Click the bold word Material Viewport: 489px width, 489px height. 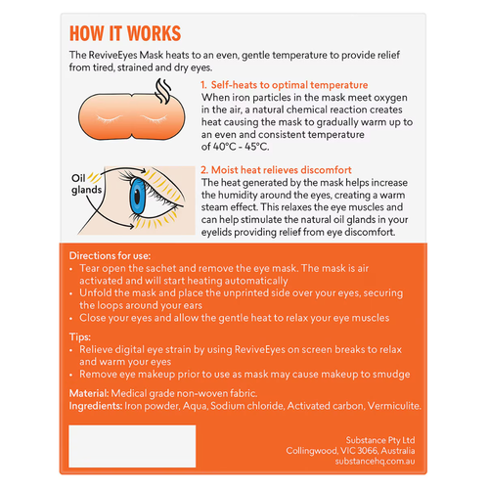[91, 392]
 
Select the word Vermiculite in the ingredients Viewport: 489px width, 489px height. [390, 405]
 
